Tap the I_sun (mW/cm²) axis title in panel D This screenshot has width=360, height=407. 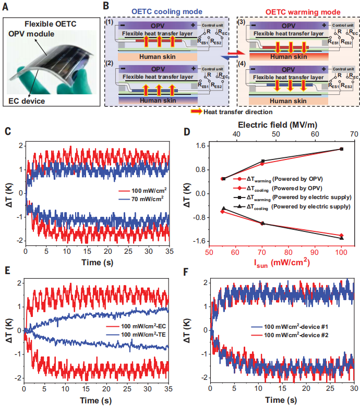282,263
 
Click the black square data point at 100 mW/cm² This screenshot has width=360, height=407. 341,149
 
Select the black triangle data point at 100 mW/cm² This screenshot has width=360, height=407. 341,238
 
